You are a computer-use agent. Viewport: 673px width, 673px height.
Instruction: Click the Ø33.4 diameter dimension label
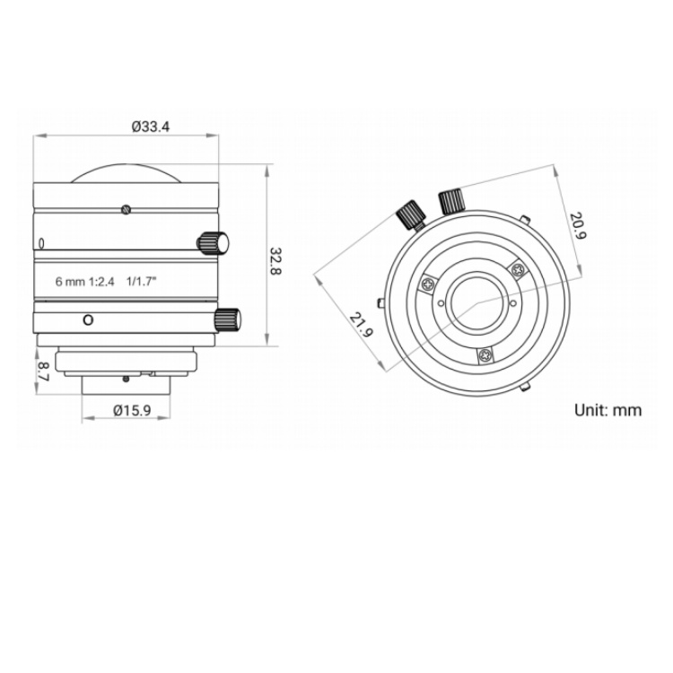(x=151, y=127)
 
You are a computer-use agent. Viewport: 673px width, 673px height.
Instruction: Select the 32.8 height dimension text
(x=275, y=261)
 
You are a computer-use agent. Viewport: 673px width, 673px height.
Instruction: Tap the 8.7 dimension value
(x=43, y=371)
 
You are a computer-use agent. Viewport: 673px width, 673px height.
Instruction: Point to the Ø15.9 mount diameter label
(x=132, y=410)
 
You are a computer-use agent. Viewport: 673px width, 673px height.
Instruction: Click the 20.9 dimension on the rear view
(x=578, y=225)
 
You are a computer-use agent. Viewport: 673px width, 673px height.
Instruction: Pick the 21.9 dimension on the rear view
(x=362, y=325)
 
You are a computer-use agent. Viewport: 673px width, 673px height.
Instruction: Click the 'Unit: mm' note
(x=607, y=410)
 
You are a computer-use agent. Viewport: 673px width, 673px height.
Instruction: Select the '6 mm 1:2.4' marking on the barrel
(x=85, y=282)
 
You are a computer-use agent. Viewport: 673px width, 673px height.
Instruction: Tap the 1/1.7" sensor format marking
(x=141, y=281)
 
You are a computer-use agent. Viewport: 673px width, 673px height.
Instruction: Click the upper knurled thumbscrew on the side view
(x=213, y=243)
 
